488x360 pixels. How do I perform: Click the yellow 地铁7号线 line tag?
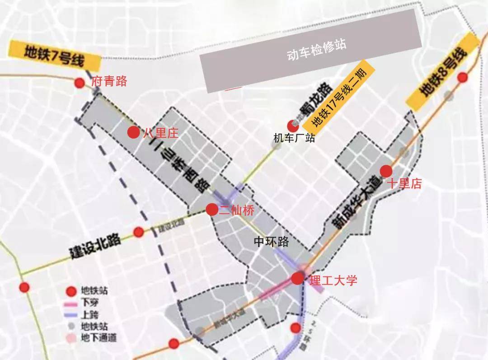coord(49,54)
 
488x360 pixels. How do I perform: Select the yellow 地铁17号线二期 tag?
coord(339,97)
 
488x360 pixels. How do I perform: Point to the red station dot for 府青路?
coord(80,83)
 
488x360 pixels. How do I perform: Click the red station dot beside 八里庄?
coord(133,132)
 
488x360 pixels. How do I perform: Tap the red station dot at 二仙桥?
coord(211,210)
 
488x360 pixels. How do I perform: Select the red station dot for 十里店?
coord(386,171)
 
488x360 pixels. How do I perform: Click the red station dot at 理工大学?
coord(297,279)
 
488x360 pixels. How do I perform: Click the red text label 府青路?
coord(109,81)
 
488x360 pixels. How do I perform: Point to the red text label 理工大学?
coord(333,281)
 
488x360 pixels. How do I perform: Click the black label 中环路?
coord(271,242)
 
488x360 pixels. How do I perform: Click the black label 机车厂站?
coord(294,138)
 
